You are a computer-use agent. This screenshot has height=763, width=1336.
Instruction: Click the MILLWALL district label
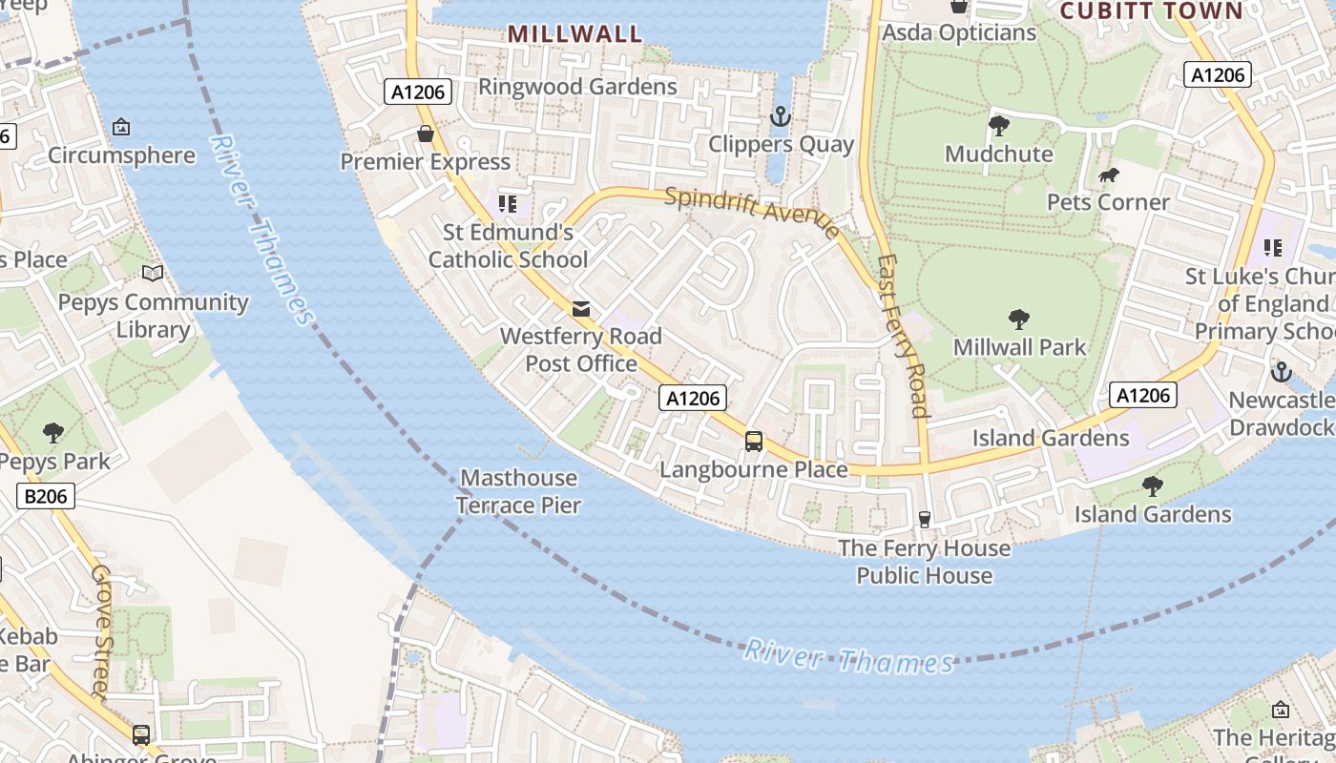pos(574,34)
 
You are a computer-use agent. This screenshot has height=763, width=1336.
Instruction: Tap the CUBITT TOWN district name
pos(1152,11)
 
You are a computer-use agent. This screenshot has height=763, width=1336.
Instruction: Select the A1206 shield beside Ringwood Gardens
pos(418,92)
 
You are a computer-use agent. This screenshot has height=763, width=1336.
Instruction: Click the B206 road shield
pos(46,495)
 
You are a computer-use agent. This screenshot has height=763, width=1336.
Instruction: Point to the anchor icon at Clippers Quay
pos(781,117)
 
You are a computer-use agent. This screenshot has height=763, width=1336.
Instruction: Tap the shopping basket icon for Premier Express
pos(426,134)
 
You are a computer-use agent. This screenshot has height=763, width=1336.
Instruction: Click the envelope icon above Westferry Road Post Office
pos(580,308)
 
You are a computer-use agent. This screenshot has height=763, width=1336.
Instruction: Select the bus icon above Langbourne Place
pos(754,441)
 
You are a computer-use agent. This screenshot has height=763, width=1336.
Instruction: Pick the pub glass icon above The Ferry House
pos(924,520)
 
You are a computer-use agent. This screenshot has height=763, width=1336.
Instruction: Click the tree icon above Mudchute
pos(999,126)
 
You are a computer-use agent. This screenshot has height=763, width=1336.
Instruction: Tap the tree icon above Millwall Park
pos(1019,320)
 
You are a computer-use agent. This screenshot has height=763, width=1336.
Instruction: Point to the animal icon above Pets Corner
pos(1108,175)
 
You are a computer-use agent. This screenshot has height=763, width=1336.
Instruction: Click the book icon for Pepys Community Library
pos(153,274)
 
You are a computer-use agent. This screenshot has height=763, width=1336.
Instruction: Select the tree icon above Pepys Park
pos(53,433)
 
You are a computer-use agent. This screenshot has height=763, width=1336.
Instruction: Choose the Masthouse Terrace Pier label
pos(518,491)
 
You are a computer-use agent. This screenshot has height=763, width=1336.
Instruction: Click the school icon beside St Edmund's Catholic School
pos(508,203)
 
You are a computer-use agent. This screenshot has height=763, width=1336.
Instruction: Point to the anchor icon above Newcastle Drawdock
pos(1281,372)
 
